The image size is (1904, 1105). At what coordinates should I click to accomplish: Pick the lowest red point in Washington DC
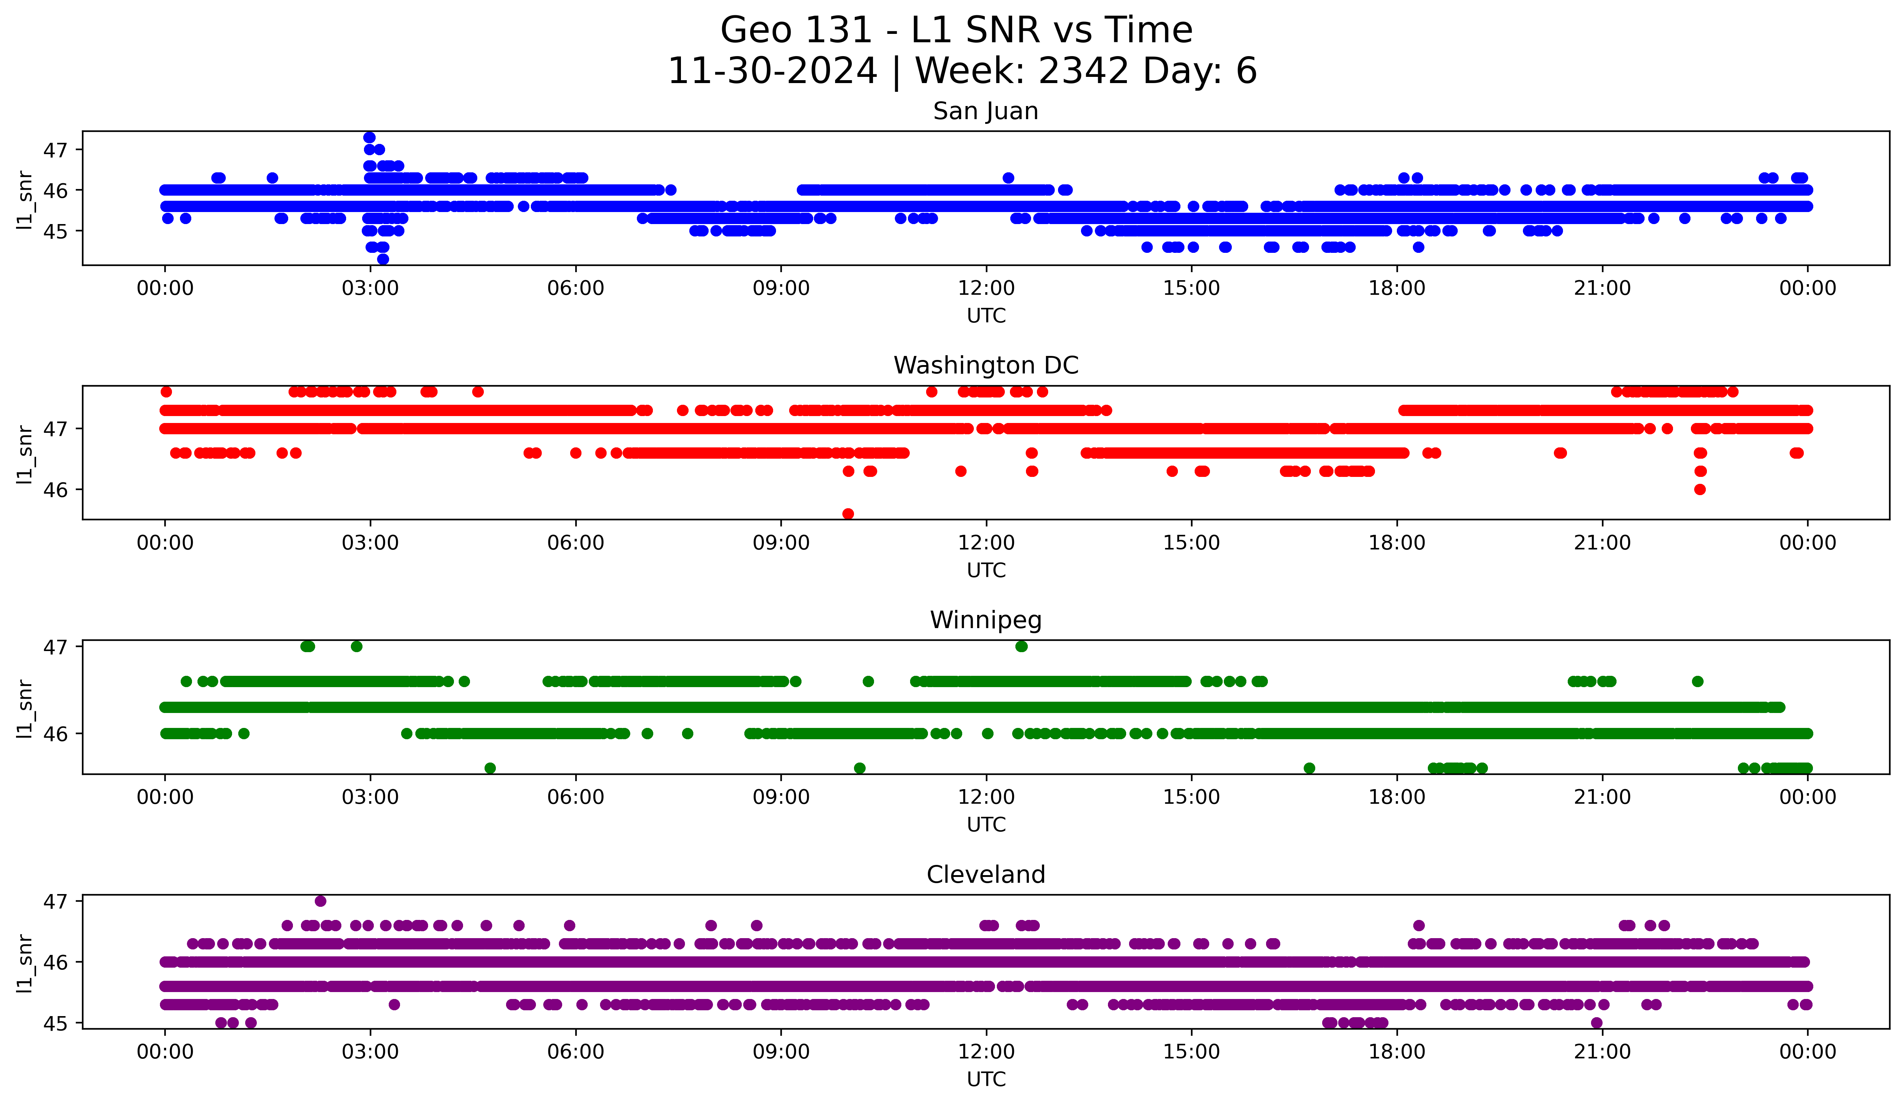click(848, 514)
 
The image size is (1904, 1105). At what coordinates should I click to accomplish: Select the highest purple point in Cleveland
click(320, 901)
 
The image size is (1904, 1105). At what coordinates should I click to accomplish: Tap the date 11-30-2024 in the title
click(772, 71)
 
